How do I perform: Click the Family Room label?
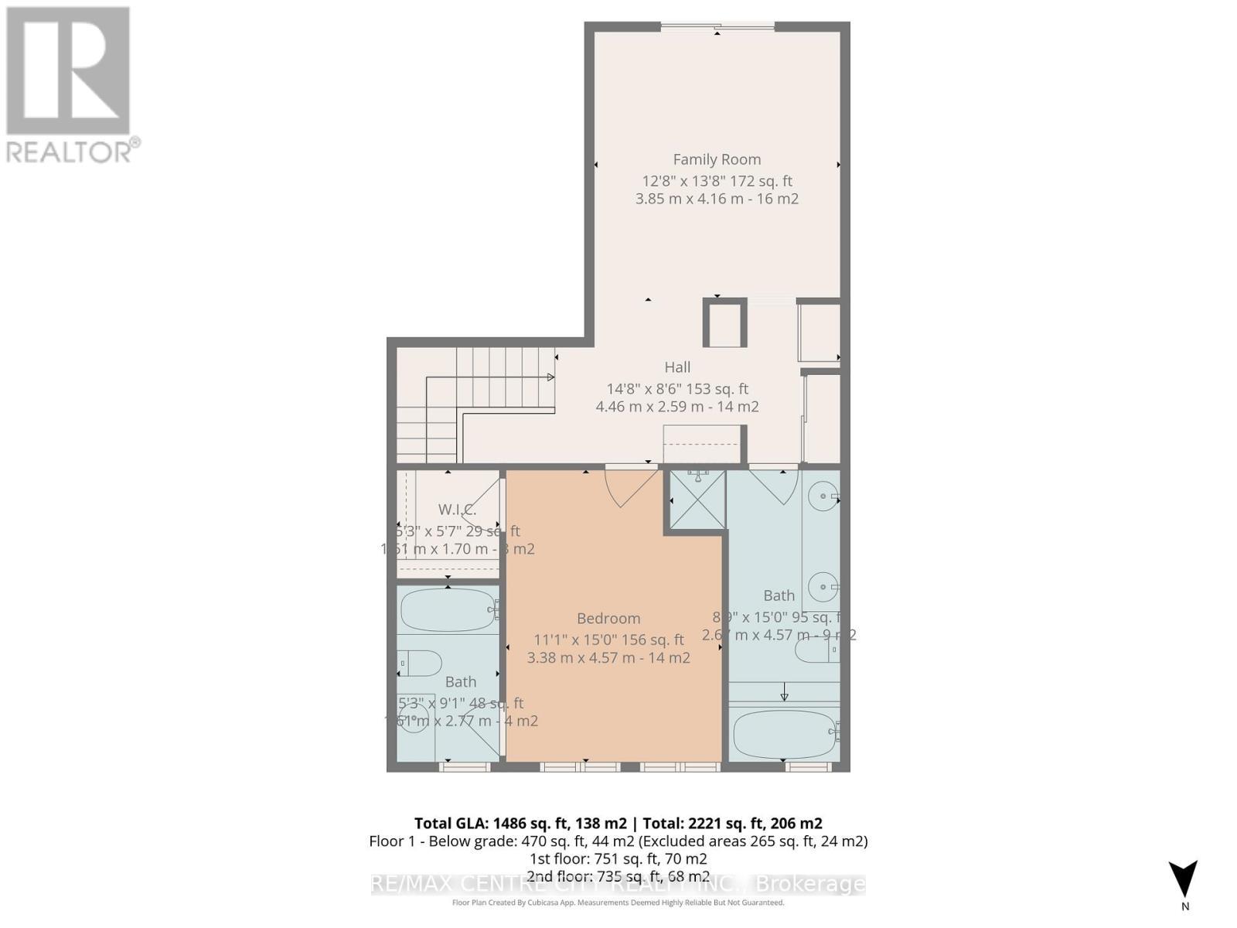717,159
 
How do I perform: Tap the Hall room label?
677,367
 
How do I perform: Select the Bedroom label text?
608,618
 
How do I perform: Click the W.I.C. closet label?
456,510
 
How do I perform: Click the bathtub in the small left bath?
447,610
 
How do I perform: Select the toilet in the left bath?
418,663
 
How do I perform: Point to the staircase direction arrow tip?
551,377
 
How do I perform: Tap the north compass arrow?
1184,880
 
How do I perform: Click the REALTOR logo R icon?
68,71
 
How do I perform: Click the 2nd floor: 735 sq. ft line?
618,876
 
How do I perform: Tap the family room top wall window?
717,28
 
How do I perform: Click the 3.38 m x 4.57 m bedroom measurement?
608,658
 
